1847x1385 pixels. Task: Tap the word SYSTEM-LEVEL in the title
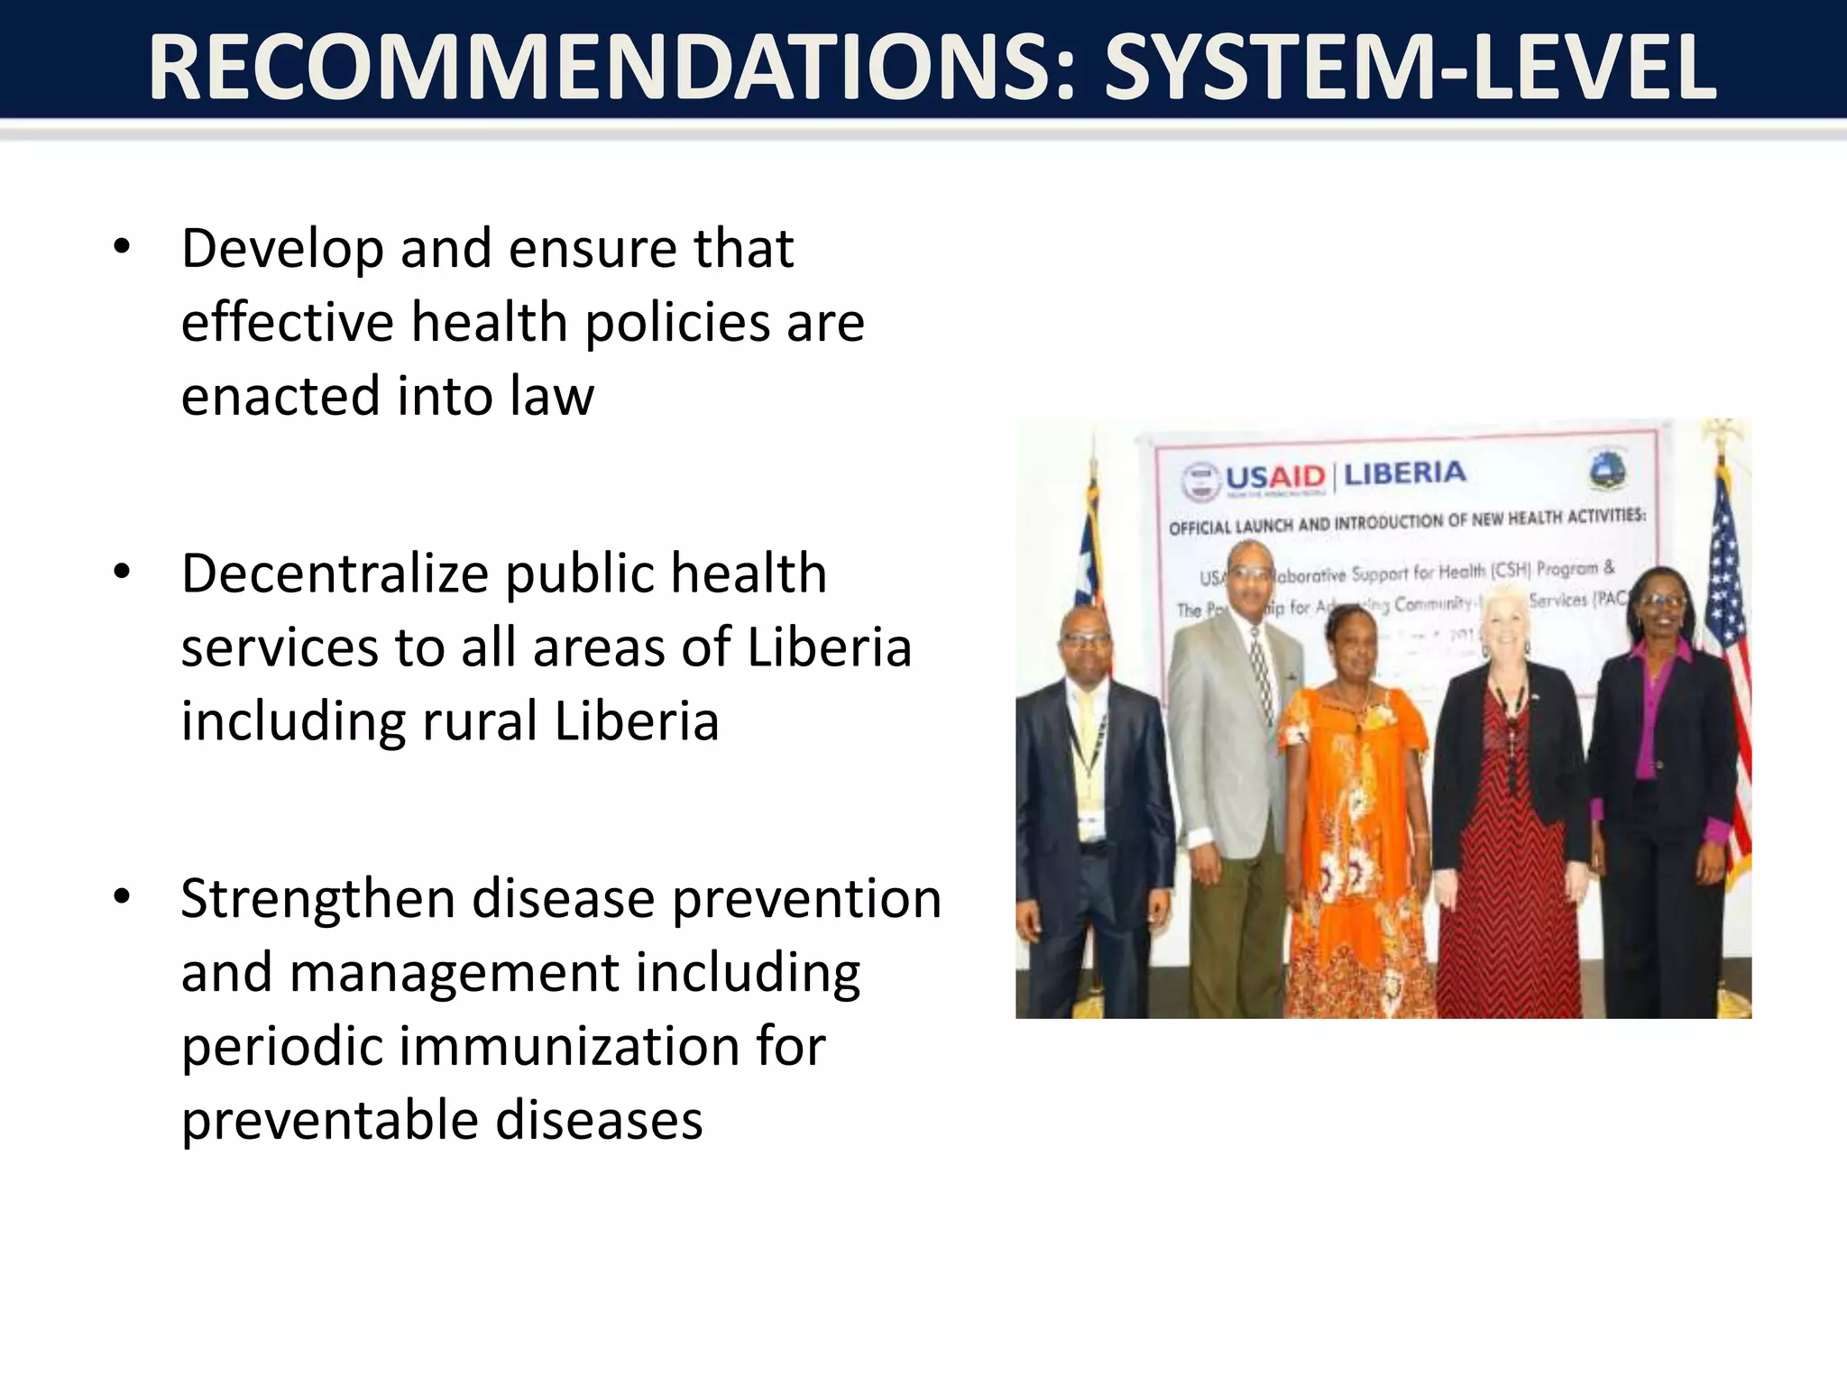pos(1409,68)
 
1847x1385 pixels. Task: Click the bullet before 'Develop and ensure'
pos(123,245)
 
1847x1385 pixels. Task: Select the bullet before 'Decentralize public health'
pos(123,571)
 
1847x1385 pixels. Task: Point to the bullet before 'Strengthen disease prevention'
pos(123,896)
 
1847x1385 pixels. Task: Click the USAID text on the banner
pos(1274,477)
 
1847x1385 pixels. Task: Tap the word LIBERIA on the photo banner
pos(1404,472)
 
